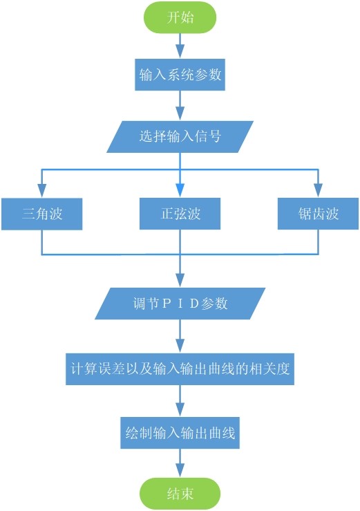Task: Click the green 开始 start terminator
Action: point(180,18)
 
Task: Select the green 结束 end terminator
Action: point(180,494)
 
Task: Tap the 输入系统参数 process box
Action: point(180,75)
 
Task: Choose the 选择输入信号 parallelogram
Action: point(180,136)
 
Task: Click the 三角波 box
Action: point(42,214)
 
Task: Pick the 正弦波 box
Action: point(180,214)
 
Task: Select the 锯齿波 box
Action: point(319,214)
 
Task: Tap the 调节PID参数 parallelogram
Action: point(180,304)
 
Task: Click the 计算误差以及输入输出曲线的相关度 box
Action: point(180,370)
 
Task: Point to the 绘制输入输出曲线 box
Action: point(180,434)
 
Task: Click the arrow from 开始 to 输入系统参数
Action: point(180,46)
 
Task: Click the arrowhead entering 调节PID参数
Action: point(180,282)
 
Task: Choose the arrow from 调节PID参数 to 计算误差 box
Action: point(180,337)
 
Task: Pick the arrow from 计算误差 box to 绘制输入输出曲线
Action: point(180,401)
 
